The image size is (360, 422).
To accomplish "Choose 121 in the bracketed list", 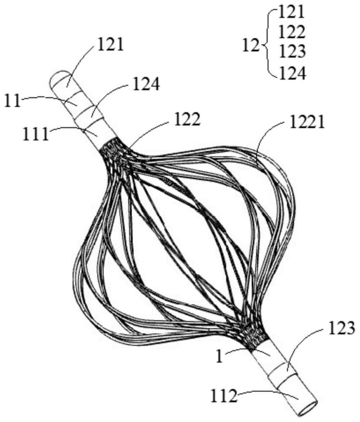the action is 291,13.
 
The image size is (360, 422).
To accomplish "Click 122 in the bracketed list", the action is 291,32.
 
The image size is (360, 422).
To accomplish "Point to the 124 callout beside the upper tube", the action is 146,85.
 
